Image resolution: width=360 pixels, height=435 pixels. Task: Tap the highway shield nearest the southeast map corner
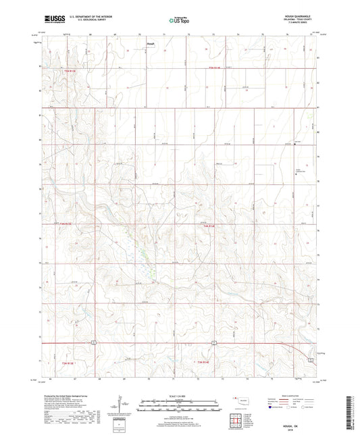point(311,361)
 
